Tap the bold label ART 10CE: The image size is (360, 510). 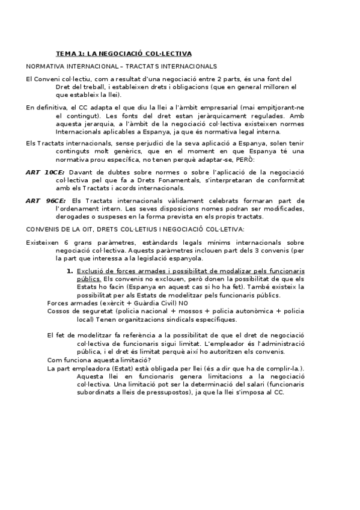click(45, 172)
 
